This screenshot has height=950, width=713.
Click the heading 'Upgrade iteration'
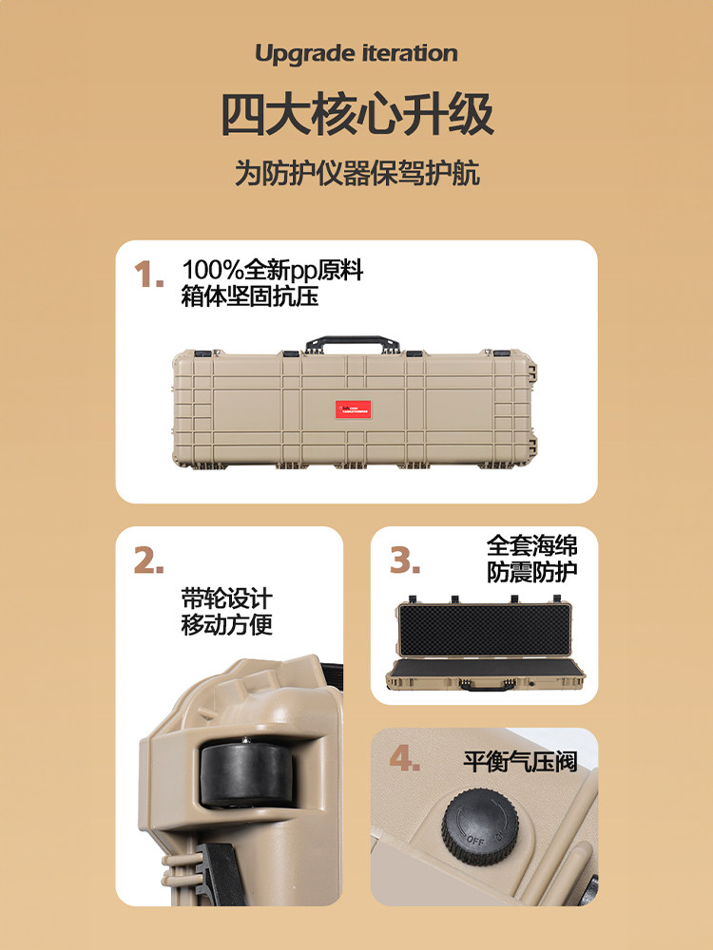pyautogui.click(x=356, y=54)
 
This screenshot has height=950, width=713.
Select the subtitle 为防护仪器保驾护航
pyautogui.click(x=356, y=174)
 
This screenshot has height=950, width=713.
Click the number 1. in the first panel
pyautogui.click(x=149, y=275)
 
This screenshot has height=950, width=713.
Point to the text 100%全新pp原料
pyautogui.click(x=273, y=271)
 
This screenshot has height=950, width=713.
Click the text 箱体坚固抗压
pyautogui.click(x=250, y=296)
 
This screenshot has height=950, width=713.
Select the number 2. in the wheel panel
pyautogui.click(x=149, y=561)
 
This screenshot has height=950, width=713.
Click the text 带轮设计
pyautogui.click(x=226, y=599)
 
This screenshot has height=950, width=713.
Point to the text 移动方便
pyautogui.click(x=226, y=626)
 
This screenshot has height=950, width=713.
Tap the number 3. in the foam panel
pyautogui.click(x=405, y=561)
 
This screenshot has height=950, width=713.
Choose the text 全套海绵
pyautogui.click(x=531, y=545)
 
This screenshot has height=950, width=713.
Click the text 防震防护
pyautogui.click(x=531, y=572)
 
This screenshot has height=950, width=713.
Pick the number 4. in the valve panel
pyautogui.click(x=405, y=760)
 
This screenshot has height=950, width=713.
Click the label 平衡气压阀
pyautogui.click(x=520, y=762)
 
